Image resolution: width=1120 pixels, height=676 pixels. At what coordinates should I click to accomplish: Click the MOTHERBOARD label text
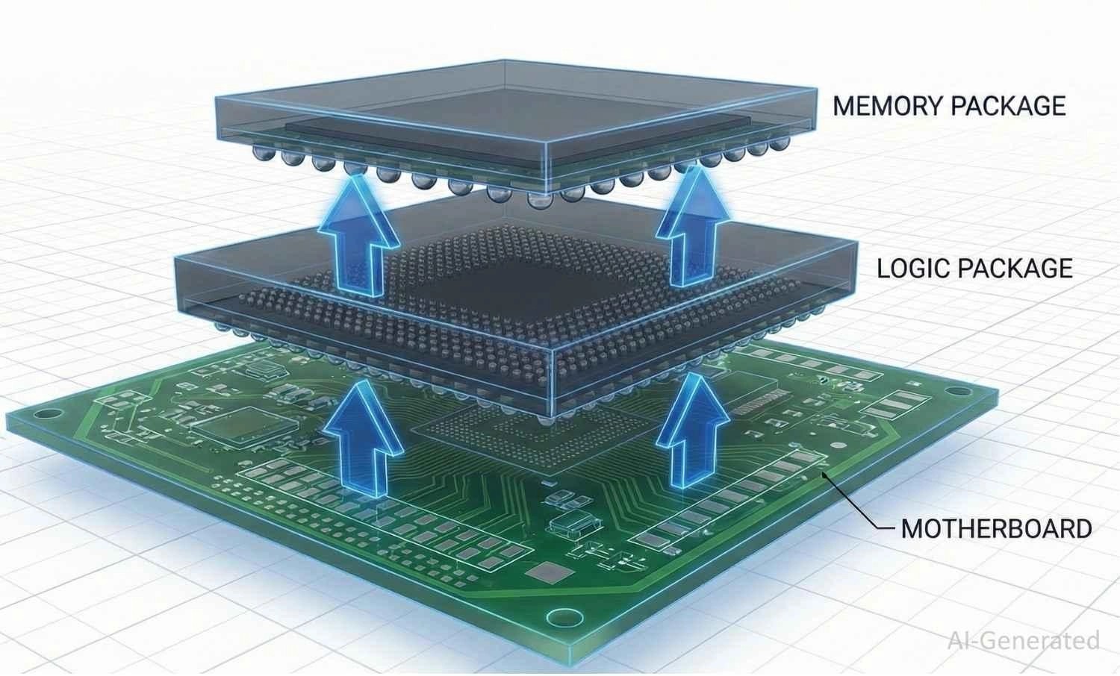pyautogui.click(x=997, y=528)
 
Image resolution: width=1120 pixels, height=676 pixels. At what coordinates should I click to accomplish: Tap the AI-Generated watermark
pyautogui.click(x=1024, y=640)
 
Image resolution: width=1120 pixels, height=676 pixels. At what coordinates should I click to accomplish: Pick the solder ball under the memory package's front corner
pyautogui.click(x=537, y=200)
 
